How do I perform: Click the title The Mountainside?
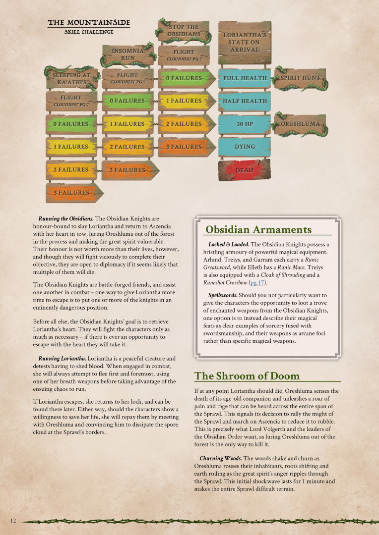[x=89, y=23]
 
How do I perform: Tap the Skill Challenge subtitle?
[x=89, y=32]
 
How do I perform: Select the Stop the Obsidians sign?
[x=183, y=30]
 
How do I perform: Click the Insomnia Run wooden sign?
[x=127, y=54]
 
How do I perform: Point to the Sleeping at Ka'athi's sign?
[x=71, y=78]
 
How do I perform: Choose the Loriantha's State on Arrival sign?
[x=245, y=42]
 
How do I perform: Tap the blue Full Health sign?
[x=245, y=78]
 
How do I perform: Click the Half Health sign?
[x=245, y=101]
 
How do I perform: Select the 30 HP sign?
[x=245, y=124]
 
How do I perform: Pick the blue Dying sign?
[x=245, y=147]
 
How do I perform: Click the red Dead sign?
[x=245, y=170]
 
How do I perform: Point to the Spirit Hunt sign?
[x=300, y=78]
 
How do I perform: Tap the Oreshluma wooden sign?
[x=300, y=124]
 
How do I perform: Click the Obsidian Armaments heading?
[x=258, y=229]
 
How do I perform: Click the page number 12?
[x=13, y=520]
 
